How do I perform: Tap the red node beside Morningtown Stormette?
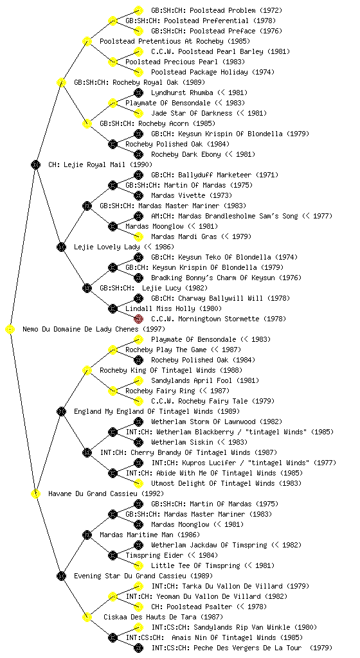(x=138, y=319)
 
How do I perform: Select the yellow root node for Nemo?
(x=10, y=330)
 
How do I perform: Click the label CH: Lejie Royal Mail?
(x=100, y=165)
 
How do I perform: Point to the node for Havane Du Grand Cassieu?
(x=36, y=494)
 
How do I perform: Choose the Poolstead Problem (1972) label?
(x=217, y=10)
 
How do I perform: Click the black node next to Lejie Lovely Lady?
(x=62, y=247)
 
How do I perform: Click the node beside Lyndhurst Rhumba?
(x=138, y=93)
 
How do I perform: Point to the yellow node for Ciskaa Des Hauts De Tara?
(x=87, y=618)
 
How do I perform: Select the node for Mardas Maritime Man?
(x=87, y=535)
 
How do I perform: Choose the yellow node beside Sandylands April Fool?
(x=138, y=380)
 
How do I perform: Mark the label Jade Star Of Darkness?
(x=192, y=113)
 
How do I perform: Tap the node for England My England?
(x=62, y=412)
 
